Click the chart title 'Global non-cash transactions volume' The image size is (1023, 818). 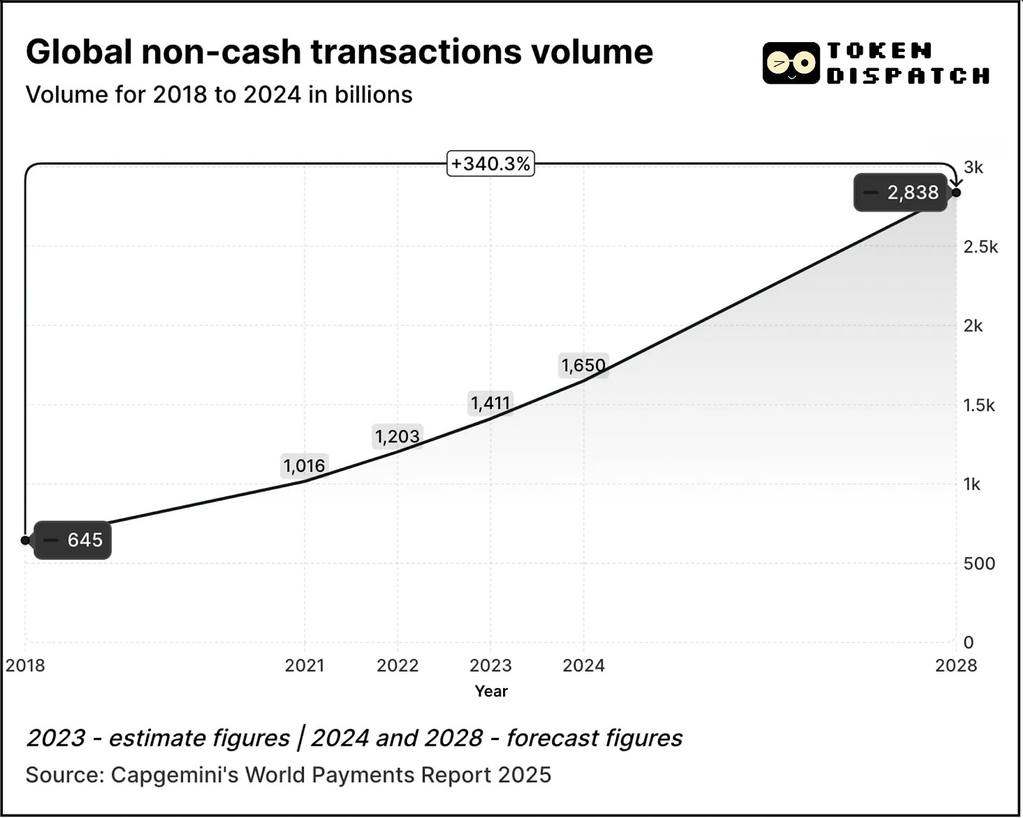(x=339, y=52)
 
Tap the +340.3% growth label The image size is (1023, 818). (x=490, y=164)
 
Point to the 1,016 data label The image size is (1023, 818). (x=304, y=466)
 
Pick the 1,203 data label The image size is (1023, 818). (x=397, y=436)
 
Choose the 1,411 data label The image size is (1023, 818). (x=490, y=403)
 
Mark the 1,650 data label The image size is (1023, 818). (x=583, y=365)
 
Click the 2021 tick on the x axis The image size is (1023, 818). (x=304, y=665)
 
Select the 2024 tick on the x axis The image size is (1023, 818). (x=583, y=665)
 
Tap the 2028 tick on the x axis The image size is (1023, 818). (x=956, y=665)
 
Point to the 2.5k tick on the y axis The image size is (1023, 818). (x=981, y=246)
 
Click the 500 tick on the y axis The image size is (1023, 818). (x=979, y=563)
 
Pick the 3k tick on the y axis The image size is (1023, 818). (x=974, y=167)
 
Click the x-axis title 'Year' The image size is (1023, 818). (x=490, y=691)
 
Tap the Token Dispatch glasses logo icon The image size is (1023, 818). (x=791, y=63)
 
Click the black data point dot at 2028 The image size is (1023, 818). (x=956, y=192)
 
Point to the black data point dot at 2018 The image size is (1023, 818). (x=25, y=540)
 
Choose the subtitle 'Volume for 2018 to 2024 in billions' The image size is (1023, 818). (x=219, y=94)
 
